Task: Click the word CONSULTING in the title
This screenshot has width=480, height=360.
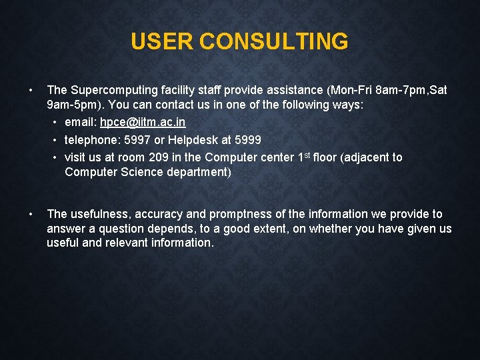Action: point(273,41)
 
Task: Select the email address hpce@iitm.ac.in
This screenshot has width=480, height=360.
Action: point(143,123)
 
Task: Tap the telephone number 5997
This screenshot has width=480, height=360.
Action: point(137,140)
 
